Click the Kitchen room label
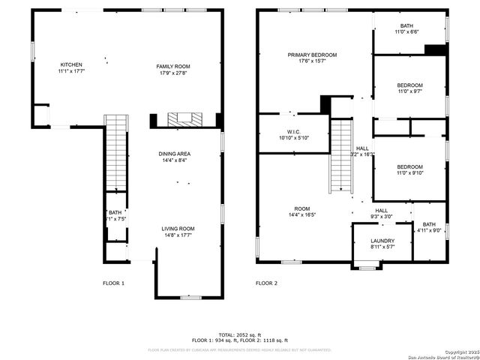pos(70,68)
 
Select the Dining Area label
pos(174,157)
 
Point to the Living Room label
pos(178,232)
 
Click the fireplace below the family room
pos(184,120)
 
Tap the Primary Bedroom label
pos(312,58)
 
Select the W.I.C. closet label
pos(293,134)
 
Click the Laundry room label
pos(382,243)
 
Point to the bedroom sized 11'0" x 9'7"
pos(410,88)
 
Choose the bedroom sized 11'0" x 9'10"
pos(410,169)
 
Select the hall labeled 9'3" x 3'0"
pos(381,214)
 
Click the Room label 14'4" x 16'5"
pos(301,212)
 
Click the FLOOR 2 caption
pos(266,283)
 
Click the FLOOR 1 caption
pos(114,283)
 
